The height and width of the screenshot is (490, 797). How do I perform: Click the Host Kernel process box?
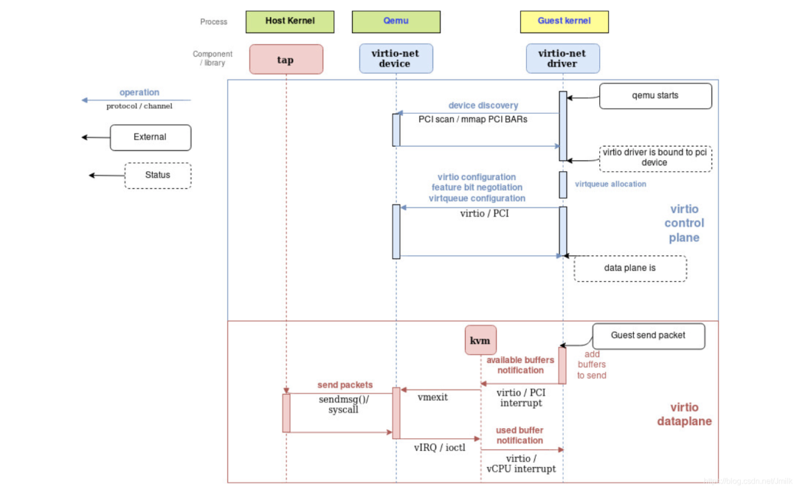289,21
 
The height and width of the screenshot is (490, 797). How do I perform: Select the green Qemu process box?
396,21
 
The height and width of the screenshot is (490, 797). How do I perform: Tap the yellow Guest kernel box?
564,21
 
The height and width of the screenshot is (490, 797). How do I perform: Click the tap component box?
286,60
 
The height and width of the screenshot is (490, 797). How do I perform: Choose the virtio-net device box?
396,58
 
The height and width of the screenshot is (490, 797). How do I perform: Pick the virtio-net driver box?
563,58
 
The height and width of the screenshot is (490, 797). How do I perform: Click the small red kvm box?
480,340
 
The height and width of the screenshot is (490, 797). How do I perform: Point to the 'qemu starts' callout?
655,96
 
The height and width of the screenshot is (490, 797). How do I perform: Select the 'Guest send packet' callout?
648,336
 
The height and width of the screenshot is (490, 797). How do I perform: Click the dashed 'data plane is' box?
630,269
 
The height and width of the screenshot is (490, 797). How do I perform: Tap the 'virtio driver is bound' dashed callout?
655,158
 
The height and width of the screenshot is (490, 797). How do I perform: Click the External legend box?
151,137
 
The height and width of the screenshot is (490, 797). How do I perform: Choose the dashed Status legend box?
157,176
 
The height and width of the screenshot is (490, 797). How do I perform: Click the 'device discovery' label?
483,106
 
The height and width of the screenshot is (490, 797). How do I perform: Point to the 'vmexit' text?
433,397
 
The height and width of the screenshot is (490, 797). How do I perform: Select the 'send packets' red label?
345,385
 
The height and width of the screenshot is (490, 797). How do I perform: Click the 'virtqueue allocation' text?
610,184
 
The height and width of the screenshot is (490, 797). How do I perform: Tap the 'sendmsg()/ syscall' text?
343,404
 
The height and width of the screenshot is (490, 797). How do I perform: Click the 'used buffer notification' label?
520,435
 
